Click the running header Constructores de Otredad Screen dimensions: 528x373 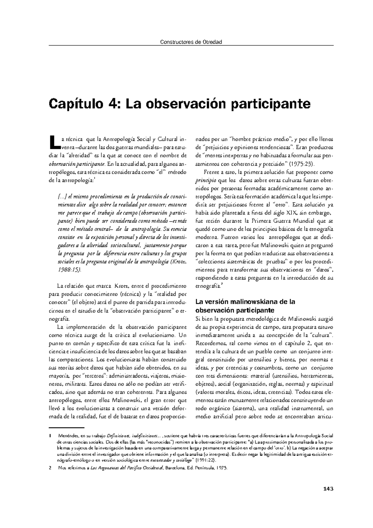pos(191,42)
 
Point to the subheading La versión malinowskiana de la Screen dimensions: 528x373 pos(245,302)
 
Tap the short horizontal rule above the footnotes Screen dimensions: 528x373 pos(67,428)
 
